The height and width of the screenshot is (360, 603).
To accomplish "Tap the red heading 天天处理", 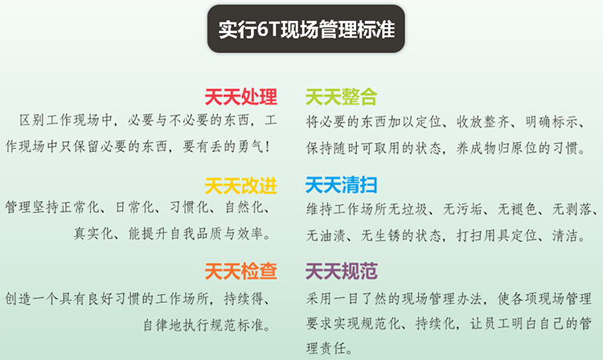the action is pyautogui.click(x=240, y=96).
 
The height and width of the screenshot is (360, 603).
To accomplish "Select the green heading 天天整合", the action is pyautogui.click(x=341, y=96).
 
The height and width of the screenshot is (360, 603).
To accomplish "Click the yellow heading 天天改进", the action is pyautogui.click(x=240, y=186).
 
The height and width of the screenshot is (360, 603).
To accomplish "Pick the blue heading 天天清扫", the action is pyautogui.click(x=341, y=185).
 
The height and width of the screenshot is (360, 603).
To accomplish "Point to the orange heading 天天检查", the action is pyautogui.click(x=240, y=272).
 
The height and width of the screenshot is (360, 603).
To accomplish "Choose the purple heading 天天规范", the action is pyautogui.click(x=341, y=272).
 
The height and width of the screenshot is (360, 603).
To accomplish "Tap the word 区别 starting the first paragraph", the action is pyautogui.click(x=31, y=121).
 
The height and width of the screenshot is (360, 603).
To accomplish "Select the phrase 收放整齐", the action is pyautogui.click(x=482, y=122).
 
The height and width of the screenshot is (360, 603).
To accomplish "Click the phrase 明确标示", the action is pyautogui.click(x=552, y=122).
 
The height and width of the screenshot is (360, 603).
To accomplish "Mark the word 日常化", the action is pyautogui.click(x=135, y=207).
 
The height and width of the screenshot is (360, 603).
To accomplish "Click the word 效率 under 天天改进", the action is pyautogui.click(x=250, y=234).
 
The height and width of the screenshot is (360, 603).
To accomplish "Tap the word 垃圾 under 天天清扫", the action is pyautogui.click(x=415, y=210).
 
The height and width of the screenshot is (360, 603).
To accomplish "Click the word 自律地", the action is pyautogui.click(x=162, y=325).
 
